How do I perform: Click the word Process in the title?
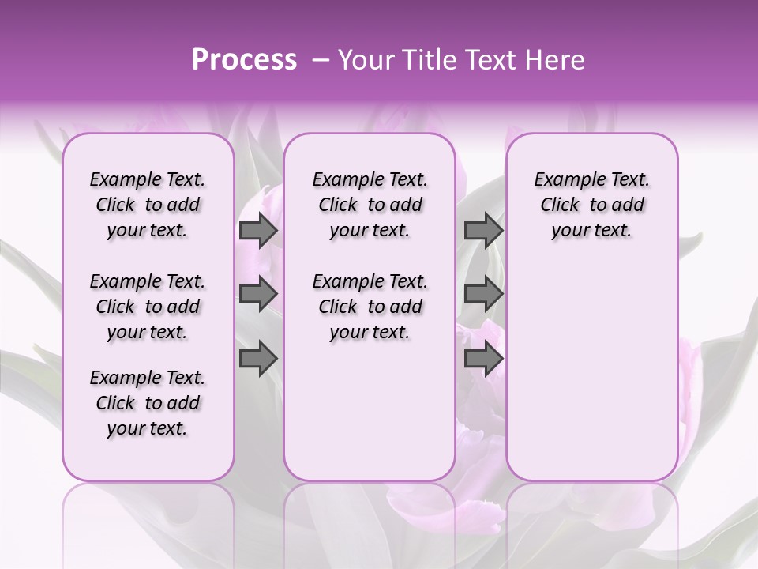[243, 59]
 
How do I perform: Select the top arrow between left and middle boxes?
[258, 231]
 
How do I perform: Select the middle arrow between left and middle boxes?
[258, 295]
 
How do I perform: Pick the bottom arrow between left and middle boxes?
[258, 359]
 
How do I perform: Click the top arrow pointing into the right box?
[483, 231]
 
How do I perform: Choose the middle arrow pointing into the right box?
[483, 295]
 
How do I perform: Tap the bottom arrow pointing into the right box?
[483, 359]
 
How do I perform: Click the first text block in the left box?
[147, 205]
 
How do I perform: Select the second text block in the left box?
[147, 307]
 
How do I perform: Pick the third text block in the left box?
[147, 403]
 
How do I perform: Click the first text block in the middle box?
[370, 205]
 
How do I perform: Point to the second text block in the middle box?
[370, 307]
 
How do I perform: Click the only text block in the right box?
[591, 205]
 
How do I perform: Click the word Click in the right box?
[560, 205]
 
